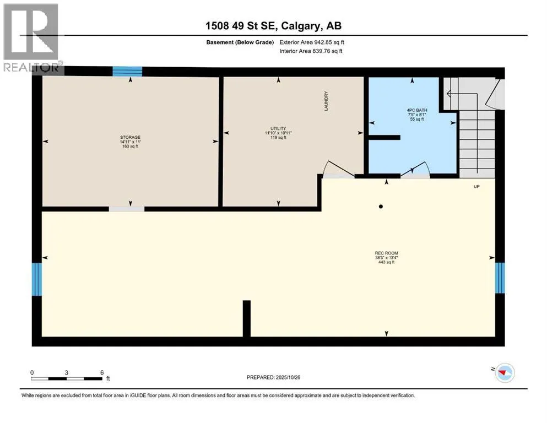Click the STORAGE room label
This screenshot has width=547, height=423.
point(130,137)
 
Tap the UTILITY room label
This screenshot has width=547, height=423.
point(278,128)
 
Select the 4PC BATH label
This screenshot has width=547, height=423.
point(417,110)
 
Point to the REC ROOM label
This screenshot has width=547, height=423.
point(386,253)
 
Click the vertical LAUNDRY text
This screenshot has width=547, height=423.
point(326,101)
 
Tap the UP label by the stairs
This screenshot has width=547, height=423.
point(476,187)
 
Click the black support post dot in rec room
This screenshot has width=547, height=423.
point(381,207)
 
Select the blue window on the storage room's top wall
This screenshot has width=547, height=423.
point(127,71)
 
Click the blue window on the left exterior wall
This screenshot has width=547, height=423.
point(36,279)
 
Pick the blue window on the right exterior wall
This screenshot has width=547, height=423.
point(500,278)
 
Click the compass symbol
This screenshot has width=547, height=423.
point(505,373)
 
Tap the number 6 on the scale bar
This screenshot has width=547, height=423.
point(102,372)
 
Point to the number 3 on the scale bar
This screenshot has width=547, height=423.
point(66,372)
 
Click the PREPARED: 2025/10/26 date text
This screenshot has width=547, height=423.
point(273,377)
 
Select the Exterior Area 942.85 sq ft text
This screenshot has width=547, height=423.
point(312,42)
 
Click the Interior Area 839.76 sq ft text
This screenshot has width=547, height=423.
point(311,51)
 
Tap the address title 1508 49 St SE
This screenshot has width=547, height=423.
point(241,26)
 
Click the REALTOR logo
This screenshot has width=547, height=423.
point(32,37)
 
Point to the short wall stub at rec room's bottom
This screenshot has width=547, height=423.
point(247,318)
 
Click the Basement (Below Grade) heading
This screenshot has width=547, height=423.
point(240,42)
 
